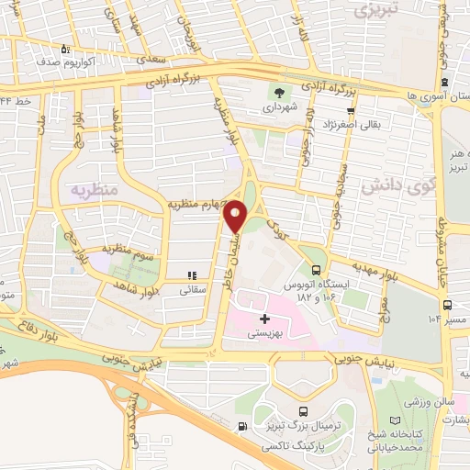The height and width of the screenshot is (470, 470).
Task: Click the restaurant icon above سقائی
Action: [192, 274]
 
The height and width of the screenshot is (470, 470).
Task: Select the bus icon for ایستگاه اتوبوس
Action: [317, 270]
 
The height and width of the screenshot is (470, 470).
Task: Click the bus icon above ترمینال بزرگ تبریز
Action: [304, 414]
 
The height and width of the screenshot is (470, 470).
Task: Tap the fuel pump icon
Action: [241, 425]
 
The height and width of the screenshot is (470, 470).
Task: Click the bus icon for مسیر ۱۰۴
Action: [445, 305]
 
